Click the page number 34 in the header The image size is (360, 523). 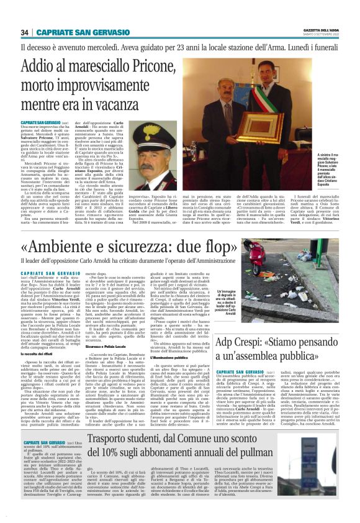25,32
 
